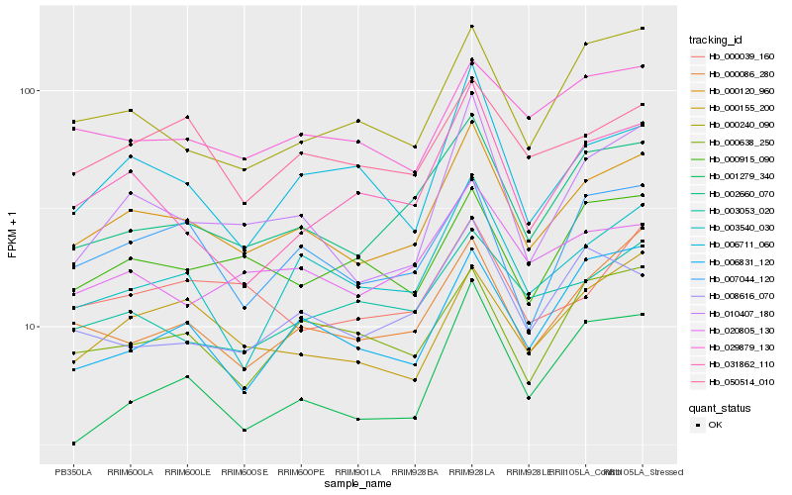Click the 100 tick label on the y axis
tap(27, 91)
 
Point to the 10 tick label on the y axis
tap(30, 327)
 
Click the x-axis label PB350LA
tap(73, 472)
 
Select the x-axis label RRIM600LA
tap(130, 472)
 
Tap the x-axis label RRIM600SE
tap(245, 472)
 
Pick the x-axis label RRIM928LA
tap(472, 472)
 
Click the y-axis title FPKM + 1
tap(12, 236)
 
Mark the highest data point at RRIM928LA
tap(472, 27)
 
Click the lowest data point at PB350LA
tap(73, 444)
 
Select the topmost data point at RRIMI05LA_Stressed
tap(643, 28)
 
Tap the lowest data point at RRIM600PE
tap(301, 399)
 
